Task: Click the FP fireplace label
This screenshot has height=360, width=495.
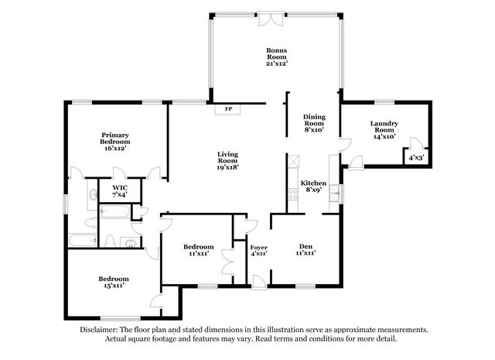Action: point(228,109)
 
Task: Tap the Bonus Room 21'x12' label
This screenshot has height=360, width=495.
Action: point(277,57)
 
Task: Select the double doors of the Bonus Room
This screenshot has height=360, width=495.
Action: point(271,19)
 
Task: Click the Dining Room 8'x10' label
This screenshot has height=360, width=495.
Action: point(314,123)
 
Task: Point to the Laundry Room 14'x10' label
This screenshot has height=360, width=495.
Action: point(384,130)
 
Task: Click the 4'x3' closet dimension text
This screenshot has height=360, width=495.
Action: point(416,157)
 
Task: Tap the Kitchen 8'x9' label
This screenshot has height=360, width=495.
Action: point(313,186)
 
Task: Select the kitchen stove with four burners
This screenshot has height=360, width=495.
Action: point(293,194)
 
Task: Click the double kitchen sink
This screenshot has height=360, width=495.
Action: point(334,194)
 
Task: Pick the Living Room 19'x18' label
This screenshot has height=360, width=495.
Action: point(227,160)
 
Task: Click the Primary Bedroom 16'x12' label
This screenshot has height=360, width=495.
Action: point(115,142)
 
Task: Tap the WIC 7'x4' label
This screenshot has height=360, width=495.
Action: point(120,191)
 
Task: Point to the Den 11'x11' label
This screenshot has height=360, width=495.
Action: point(306,249)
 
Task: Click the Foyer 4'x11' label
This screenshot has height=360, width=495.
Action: point(259,250)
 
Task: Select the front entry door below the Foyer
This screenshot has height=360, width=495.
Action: point(259,282)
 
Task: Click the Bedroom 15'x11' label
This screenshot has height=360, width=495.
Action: point(114,282)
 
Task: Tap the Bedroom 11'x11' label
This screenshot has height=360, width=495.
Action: point(198,250)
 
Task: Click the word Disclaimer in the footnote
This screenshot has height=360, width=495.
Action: point(98,330)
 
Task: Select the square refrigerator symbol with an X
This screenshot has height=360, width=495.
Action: point(293,160)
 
